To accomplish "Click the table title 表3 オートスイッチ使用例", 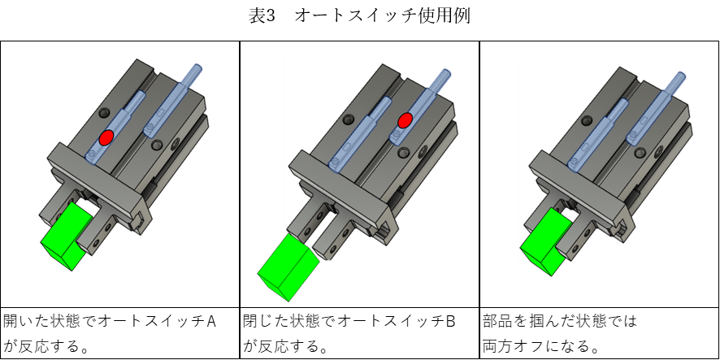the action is point(359,16).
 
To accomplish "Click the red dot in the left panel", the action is point(106,137).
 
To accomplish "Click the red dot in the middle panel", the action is point(405,121).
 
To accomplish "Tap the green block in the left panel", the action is point(69,236).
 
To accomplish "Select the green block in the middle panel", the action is point(288,267).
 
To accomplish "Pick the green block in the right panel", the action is point(546,241).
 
